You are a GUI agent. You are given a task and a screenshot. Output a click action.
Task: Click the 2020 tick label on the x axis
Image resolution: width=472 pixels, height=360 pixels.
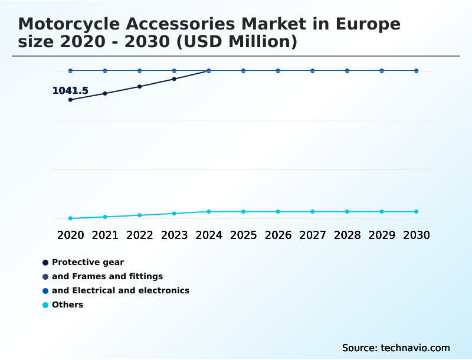pos(70,235)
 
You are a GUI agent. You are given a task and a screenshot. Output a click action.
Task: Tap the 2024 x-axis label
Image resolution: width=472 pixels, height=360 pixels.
pos(209,235)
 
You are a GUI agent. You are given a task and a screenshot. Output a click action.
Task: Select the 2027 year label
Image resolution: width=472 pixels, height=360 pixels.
pos(313,235)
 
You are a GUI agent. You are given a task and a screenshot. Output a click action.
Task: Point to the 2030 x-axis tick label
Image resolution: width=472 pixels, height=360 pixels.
pos(417,235)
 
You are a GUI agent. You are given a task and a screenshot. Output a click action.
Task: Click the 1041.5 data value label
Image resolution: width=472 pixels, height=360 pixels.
pos(70,91)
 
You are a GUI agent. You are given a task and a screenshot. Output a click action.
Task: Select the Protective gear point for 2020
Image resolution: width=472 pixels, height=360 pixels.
pos(70,100)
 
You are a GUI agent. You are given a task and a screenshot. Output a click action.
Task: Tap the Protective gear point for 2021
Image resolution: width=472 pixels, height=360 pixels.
pos(105,93)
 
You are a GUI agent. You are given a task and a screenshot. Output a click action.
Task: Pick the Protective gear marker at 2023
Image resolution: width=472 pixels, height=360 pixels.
pos(174,79)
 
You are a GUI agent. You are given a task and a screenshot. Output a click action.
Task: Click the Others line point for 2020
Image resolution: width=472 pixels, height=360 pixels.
pos(70,218)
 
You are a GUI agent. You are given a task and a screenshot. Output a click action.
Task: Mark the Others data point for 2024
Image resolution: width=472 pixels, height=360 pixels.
pos(209,211)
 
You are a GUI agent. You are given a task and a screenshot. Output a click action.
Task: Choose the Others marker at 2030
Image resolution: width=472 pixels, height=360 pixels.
pos(416,211)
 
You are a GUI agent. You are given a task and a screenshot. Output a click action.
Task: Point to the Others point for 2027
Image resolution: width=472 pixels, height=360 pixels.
pos(313,211)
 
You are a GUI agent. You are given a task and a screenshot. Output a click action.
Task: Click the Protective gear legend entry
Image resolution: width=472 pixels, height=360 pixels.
pos(87,262)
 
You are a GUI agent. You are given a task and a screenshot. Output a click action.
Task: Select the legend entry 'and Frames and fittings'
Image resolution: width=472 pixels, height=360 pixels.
pos(107,276)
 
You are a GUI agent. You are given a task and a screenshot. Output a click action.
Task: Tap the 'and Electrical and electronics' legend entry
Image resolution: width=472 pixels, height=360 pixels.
pos(120,290)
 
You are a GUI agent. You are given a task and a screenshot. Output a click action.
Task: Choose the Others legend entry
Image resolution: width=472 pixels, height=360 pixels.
pos(67,305)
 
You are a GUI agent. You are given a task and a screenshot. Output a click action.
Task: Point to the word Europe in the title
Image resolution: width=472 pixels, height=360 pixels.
pos(368,24)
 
